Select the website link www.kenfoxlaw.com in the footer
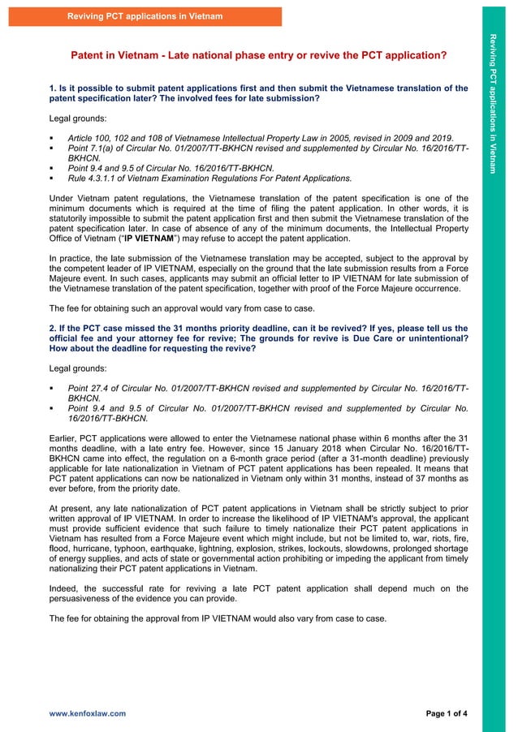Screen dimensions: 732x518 point(88,713)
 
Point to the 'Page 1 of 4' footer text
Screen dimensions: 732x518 point(447,713)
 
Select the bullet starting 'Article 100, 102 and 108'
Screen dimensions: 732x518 point(260,139)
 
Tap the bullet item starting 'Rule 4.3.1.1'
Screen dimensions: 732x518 point(209,177)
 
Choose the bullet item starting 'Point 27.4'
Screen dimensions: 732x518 point(268,393)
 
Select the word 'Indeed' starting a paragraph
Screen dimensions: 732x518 point(64,588)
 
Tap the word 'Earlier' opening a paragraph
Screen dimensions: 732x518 point(65,439)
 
